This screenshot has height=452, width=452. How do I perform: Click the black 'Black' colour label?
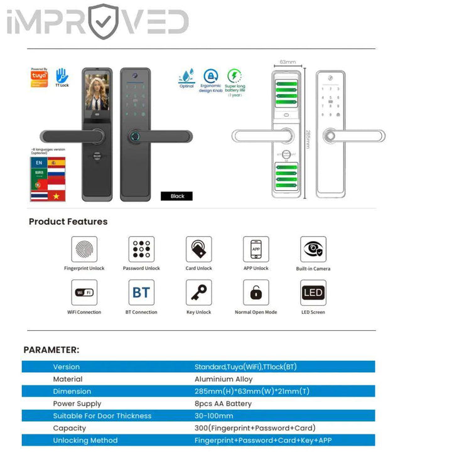tap(178, 196)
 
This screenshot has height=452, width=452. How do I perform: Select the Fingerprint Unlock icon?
tap(83, 249)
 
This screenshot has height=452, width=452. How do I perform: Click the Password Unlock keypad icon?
tap(141, 249)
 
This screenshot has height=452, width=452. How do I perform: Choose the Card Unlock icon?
tap(198, 249)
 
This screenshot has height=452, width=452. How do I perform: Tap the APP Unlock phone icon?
tap(256, 249)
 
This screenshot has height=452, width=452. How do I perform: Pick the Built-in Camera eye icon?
tap(313, 249)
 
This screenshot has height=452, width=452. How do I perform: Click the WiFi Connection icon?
tap(83, 293)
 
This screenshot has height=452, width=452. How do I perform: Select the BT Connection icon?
tap(141, 293)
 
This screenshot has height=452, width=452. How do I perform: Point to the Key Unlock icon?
tap(198, 293)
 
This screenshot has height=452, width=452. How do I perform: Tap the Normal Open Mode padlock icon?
tap(256, 293)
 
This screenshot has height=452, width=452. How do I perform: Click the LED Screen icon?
tap(313, 293)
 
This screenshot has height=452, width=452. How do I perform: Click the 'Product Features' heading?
tap(68, 222)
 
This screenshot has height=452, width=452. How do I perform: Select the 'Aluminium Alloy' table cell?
tap(223, 379)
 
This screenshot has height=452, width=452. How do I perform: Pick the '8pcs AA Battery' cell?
tap(223, 404)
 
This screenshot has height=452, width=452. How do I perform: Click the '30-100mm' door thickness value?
tap(213, 416)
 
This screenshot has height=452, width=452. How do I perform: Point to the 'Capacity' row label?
tap(69, 428)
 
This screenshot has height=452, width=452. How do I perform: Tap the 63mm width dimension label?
tap(287, 62)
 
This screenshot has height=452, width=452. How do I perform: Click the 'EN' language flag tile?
tap(39, 163)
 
